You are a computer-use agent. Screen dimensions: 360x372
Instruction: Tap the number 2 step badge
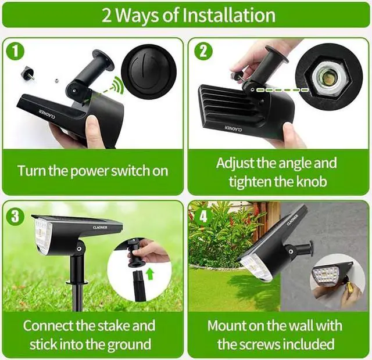(x=203, y=51)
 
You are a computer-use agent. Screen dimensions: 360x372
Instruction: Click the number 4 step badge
(x=203, y=217)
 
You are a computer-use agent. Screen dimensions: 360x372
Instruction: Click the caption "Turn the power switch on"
(x=92, y=171)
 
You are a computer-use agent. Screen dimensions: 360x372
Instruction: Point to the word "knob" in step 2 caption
(x=311, y=181)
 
